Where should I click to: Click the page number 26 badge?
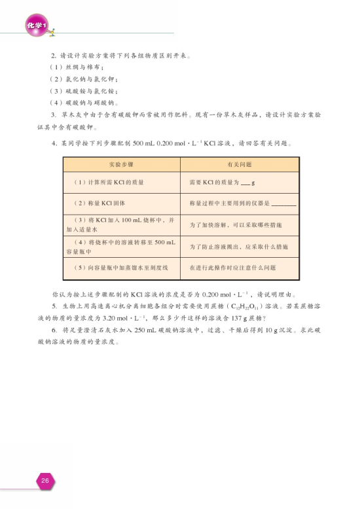tap(45, 481)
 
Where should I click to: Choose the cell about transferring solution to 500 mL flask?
tap(121, 247)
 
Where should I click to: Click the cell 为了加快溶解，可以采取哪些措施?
tap(235, 225)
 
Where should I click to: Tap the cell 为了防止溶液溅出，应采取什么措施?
tap(235, 247)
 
